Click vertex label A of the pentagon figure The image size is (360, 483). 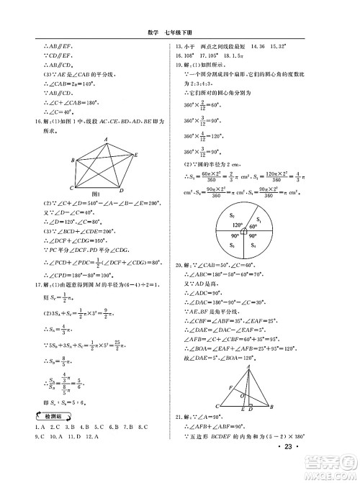click(x=105, y=139)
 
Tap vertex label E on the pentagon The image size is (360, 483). click(x=138, y=153)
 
